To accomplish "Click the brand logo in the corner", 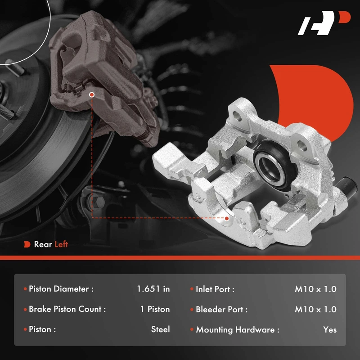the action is coord(324,23).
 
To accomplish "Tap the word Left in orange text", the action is coord(61,244).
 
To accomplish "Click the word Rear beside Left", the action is coord(43,244).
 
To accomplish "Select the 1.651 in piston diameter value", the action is coord(153,289).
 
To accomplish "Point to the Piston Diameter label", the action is coord(61,289).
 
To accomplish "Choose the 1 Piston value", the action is coord(155,309).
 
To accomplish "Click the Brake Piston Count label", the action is coord(67,309).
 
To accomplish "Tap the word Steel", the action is coord(161,329).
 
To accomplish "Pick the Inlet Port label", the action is coord(215,289).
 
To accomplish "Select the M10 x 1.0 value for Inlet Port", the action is coord(316,289).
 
